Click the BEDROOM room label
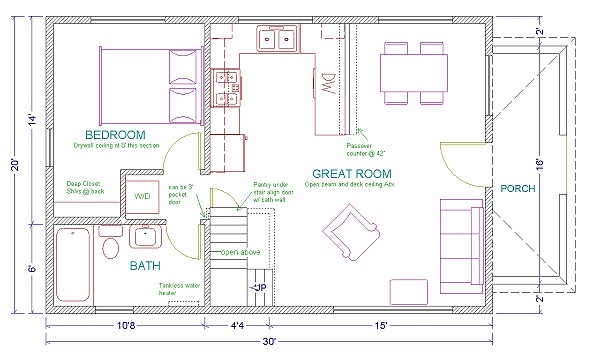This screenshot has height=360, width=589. (115, 135)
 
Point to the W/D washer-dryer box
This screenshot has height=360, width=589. (143, 197)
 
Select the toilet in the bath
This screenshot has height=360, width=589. (110, 246)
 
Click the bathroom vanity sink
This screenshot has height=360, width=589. (143, 238)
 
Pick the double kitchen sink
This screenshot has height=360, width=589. (276, 41)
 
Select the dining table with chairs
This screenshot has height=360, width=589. (413, 73)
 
